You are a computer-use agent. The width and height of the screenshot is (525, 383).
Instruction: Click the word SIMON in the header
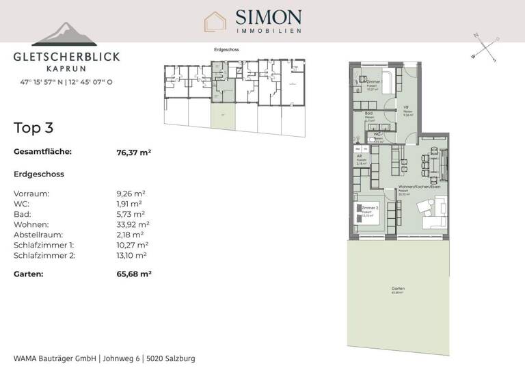pos(268,16)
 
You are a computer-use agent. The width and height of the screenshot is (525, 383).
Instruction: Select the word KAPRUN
pos(66,68)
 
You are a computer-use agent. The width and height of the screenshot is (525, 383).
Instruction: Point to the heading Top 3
pos(33,127)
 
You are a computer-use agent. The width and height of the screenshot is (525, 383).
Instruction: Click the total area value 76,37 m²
pos(134,153)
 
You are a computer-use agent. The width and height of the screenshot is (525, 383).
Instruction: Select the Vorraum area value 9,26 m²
pos(131,194)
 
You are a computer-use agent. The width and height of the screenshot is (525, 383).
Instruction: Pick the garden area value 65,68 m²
pos(134,274)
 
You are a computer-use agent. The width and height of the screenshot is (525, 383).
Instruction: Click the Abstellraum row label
pos(41,235)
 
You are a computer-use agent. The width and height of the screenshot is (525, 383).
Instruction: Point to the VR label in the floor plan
pos(405,107)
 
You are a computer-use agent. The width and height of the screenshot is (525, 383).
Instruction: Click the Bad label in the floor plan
pos(368,114)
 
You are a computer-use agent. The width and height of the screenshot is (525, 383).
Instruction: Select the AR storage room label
pos(359,157)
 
